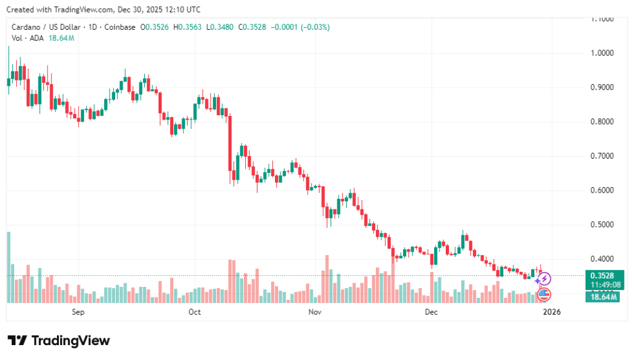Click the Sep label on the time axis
(x=78, y=312)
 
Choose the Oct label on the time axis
(x=194, y=312)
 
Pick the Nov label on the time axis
(x=316, y=312)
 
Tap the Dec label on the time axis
(x=431, y=312)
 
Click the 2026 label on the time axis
(x=552, y=312)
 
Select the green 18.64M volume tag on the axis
(x=601, y=297)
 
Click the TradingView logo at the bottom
(x=58, y=341)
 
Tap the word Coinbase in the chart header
(x=120, y=27)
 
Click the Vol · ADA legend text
(x=28, y=38)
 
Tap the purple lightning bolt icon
(x=545, y=279)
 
